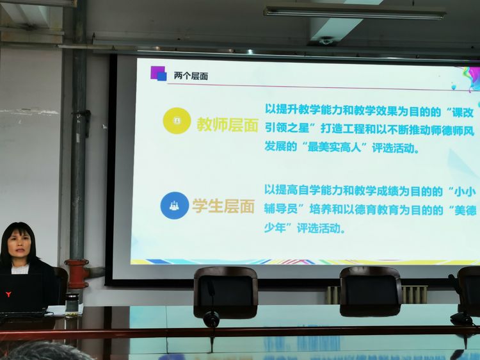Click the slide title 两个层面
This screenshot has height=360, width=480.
point(191,76)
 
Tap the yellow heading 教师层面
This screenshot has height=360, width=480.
point(227,124)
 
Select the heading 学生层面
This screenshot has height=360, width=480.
point(223,206)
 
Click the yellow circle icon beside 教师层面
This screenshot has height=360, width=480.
point(177,120)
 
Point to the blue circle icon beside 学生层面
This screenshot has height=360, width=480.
point(175,206)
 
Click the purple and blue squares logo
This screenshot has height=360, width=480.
point(158,74)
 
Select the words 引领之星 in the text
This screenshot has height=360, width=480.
point(287,128)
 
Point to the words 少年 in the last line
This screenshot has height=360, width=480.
point(275,227)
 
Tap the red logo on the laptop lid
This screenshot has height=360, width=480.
point(8,295)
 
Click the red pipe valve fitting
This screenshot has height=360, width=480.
point(77,274)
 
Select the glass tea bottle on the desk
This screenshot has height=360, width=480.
point(72,305)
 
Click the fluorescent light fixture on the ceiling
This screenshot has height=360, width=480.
point(355,13)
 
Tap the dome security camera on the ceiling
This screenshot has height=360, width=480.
point(326,40)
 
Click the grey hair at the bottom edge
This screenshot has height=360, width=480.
point(46,352)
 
